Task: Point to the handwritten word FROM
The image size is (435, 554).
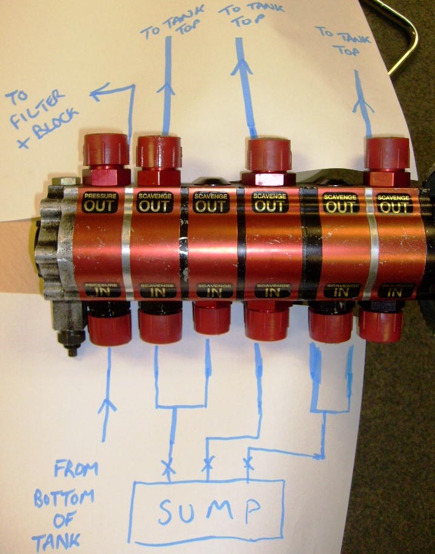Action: [x=76, y=469]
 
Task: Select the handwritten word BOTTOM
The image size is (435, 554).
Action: [x=63, y=498]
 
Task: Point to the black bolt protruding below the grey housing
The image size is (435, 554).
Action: [x=71, y=346]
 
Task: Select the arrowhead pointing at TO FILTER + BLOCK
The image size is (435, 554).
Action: [x=96, y=94]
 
